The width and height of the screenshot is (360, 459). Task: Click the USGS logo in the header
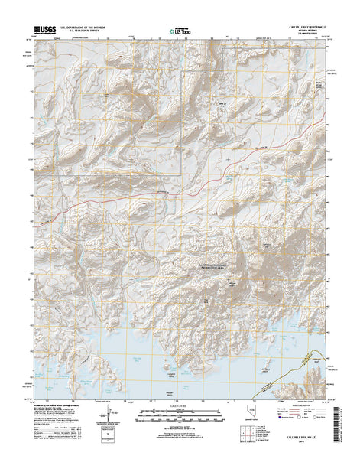coord(43,31)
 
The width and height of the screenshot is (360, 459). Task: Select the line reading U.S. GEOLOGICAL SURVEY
coord(79,31)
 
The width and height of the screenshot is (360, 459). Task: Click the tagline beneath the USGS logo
coord(43,36)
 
